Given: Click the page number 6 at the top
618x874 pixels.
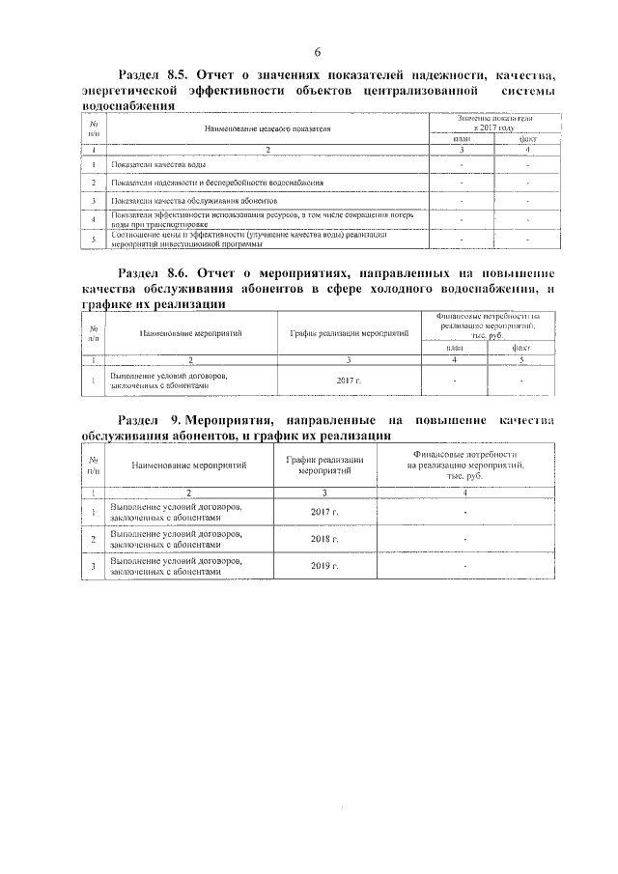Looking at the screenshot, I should pos(316,53).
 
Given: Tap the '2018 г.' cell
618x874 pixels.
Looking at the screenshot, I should pos(325,539).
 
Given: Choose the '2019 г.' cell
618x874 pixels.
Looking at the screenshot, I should pos(325,566).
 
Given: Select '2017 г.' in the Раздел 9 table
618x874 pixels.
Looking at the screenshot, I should pos(325,512).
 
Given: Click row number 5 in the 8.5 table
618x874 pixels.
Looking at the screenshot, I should pos(93,238).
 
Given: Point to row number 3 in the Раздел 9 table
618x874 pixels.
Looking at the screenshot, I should pos(93,566).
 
